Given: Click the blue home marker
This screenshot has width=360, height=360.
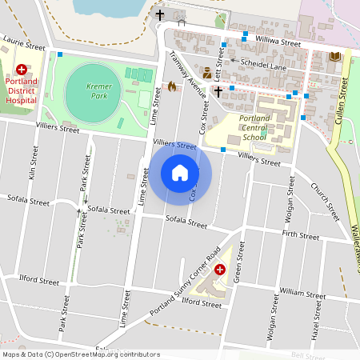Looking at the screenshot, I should pos(180,172).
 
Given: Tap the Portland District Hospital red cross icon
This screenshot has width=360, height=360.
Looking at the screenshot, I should pos(21,70).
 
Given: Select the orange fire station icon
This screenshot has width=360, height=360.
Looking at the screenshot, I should pos(171,86).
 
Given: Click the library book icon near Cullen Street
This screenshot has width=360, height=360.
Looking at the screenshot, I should pos(335,56).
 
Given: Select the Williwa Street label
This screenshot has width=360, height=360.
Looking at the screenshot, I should pos(278,40).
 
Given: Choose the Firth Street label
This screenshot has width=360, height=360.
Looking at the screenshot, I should pos(301,234).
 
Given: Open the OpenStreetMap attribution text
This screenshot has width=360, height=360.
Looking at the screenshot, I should pos(80,354).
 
